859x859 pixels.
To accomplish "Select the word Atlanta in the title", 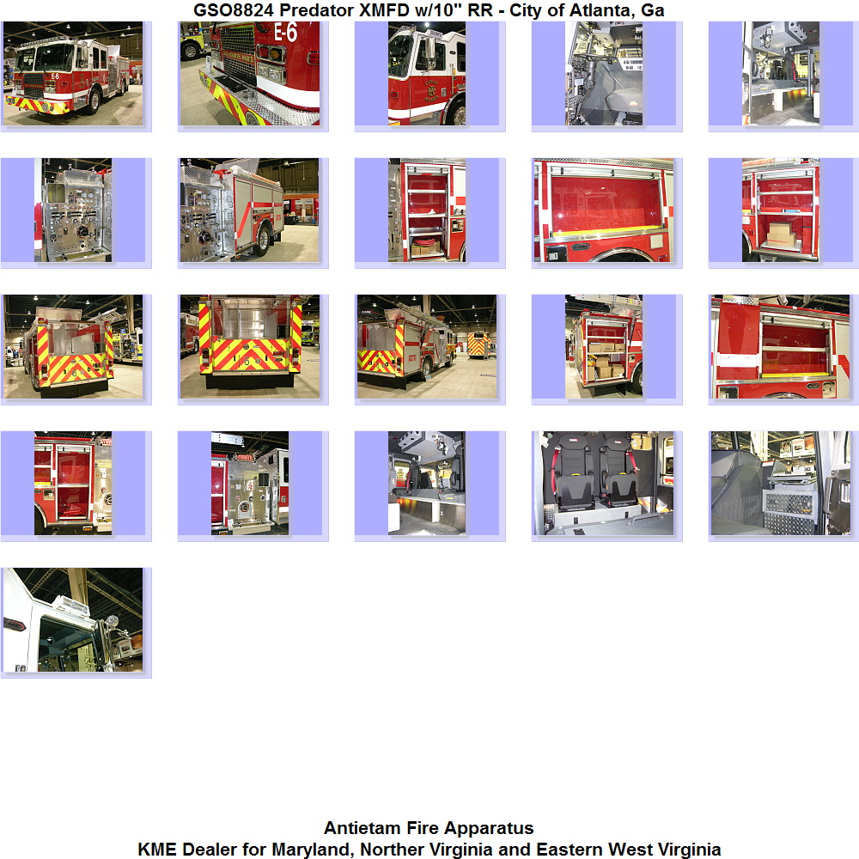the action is click(599, 9).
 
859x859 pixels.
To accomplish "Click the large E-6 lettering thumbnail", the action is click(250, 73).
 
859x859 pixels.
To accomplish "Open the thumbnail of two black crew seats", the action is click(603, 483).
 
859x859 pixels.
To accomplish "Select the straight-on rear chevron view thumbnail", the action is click(250, 347).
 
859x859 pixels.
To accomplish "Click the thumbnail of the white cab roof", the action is click(73, 619).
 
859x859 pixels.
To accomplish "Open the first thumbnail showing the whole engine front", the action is click(73, 73).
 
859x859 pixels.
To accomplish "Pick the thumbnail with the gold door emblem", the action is click(427, 73).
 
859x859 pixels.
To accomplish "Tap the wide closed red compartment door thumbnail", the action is click(603, 210).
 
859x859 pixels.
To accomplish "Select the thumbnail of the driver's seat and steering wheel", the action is click(604, 73).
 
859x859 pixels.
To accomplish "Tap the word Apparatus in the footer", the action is click(490, 827).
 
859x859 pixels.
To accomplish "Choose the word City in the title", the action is click(525, 9).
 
